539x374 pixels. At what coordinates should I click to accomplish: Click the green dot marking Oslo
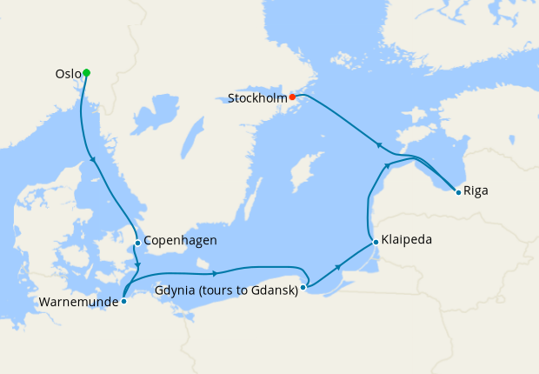coord(86,73)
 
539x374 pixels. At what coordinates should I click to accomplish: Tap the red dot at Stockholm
coord(292,97)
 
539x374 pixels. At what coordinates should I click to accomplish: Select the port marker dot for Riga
coord(458,191)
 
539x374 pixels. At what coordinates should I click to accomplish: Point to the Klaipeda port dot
coord(376,241)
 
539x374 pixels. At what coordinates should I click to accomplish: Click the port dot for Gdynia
coord(303,286)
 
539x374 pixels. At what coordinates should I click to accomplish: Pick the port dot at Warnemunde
coord(124,301)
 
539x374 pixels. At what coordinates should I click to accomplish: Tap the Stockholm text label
coord(257,98)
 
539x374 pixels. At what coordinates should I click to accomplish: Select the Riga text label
coord(476,190)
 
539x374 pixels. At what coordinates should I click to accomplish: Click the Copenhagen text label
coord(180,241)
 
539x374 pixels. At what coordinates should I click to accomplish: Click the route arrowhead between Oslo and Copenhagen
coord(92,158)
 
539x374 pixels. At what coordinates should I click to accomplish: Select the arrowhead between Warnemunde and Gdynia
coord(213,273)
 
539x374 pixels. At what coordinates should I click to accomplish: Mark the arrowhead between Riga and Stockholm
coord(377,144)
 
